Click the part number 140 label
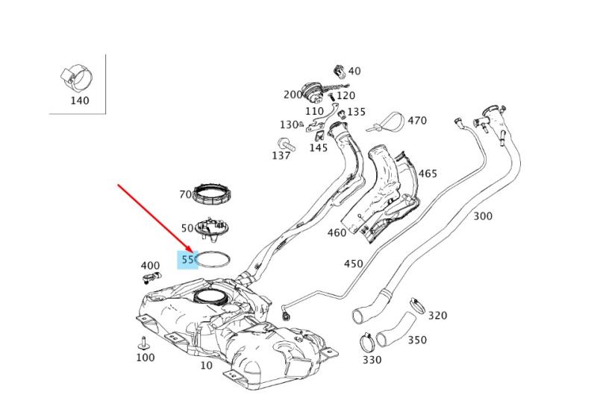pyautogui.click(x=80, y=101)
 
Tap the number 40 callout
pyautogui.click(x=354, y=71)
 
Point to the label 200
pyautogui.click(x=293, y=95)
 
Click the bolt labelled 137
pyautogui.click(x=287, y=144)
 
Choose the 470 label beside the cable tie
pyautogui.click(x=417, y=121)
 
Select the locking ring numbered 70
pyautogui.click(x=211, y=193)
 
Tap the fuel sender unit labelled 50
pyautogui.click(x=211, y=229)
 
